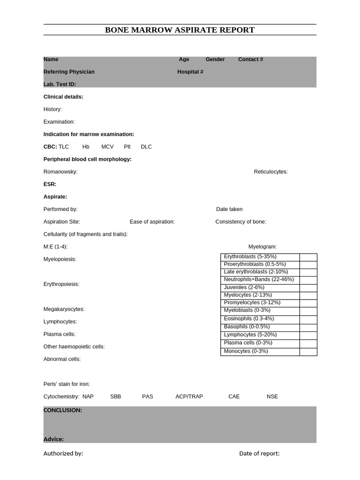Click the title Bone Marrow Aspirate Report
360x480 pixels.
click(x=180, y=30)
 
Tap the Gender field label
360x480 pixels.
click(x=215, y=60)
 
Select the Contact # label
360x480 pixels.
click(x=250, y=60)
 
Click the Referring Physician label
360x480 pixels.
click(x=69, y=72)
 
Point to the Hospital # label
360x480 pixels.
click(x=190, y=72)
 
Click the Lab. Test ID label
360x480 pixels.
click(x=60, y=84)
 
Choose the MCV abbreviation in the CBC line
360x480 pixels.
click(x=107, y=147)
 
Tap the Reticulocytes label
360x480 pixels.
click(x=270, y=172)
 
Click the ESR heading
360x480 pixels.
click(x=50, y=184)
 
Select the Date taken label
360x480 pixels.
click(x=229, y=209)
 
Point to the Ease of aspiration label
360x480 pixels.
click(x=152, y=222)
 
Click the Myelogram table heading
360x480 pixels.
click(x=262, y=247)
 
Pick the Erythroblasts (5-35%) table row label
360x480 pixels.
click(x=250, y=257)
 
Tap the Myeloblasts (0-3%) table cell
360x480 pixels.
click(x=247, y=310)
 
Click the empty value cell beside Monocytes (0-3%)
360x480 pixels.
click(x=308, y=352)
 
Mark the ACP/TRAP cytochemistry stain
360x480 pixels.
click(x=189, y=397)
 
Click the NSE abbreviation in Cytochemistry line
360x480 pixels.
click(x=272, y=397)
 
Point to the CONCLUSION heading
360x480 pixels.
click(x=63, y=410)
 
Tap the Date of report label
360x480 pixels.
click(x=259, y=453)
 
